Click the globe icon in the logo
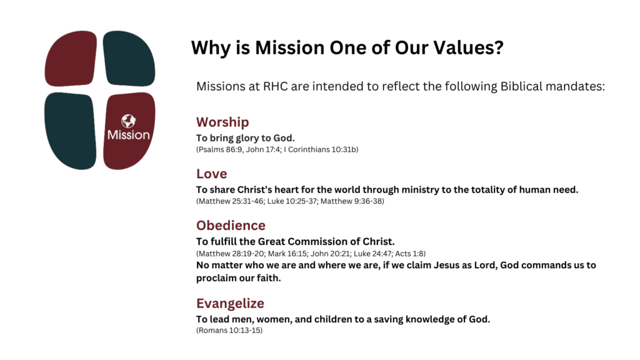tap(129, 121)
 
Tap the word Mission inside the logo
tap(129, 135)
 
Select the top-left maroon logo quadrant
tap(71, 58)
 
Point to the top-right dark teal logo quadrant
tap(129, 58)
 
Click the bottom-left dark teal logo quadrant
tap(71, 131)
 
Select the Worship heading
tap(222, 122)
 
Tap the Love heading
tap(211, 174)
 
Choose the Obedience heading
tap(231, 225)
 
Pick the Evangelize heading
tap(230, 304)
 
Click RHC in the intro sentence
tap(276, 86)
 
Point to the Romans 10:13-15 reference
tap(229, 330)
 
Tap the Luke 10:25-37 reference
tap(292, 201)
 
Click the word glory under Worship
tap(247, 138)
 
